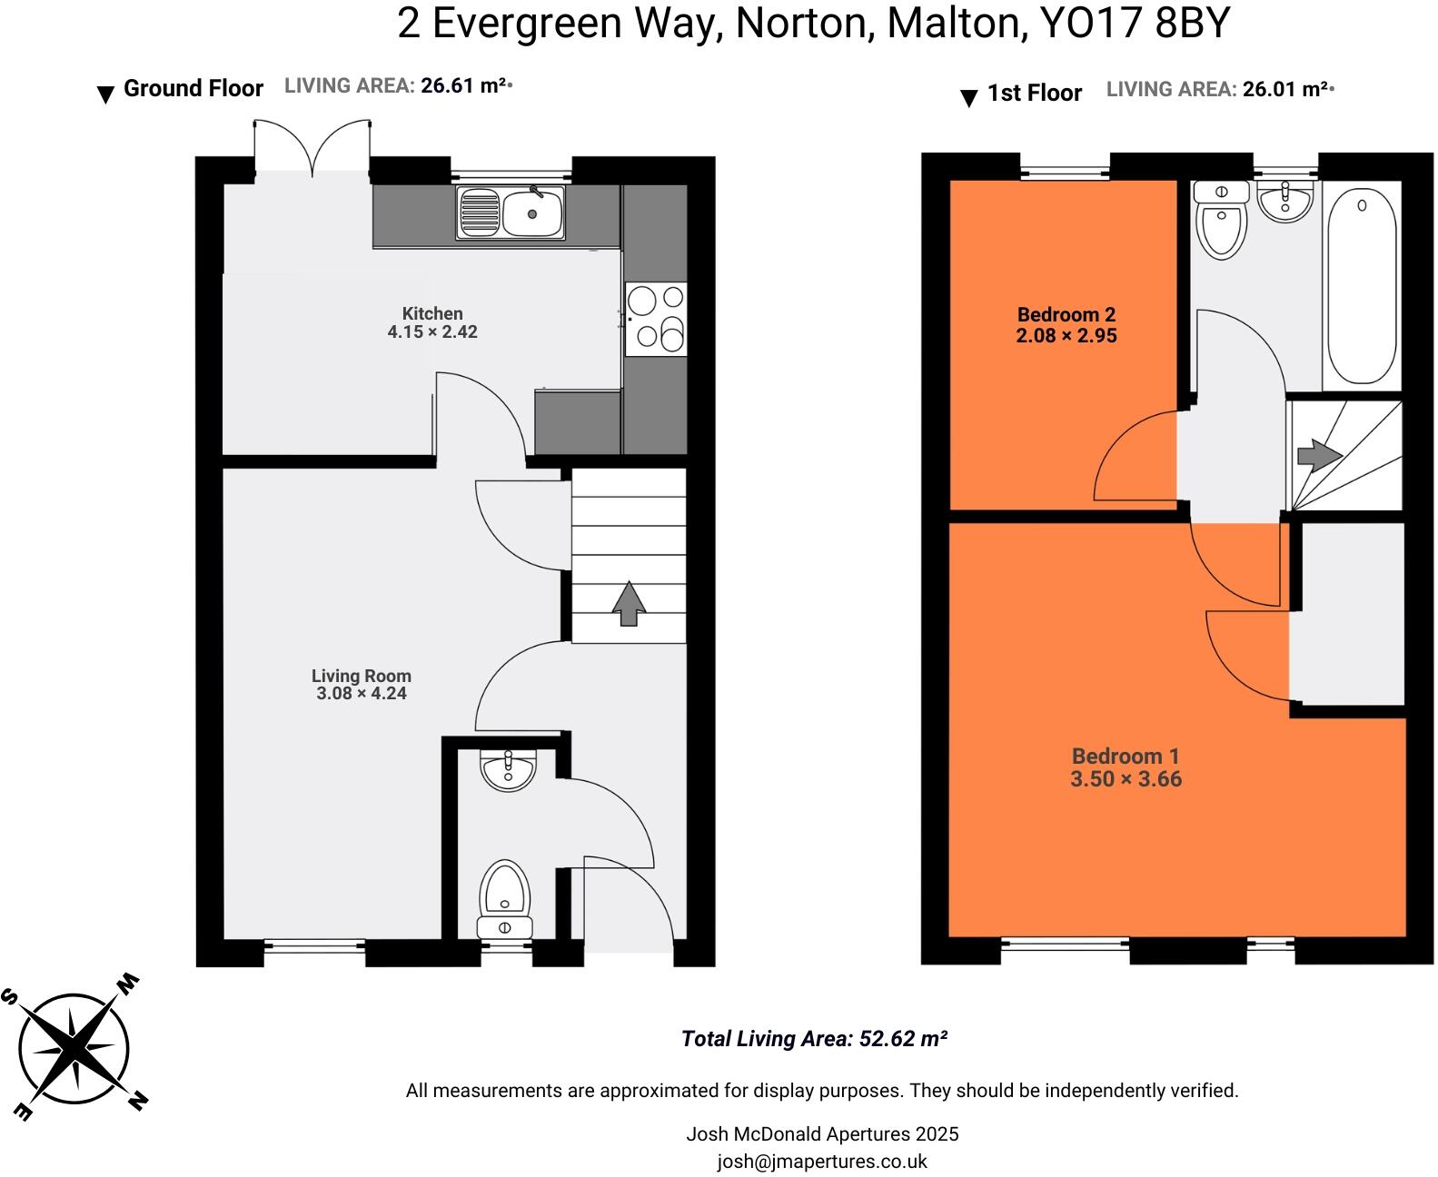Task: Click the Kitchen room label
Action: coord(432,314)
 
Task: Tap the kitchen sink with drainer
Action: coord(511,213)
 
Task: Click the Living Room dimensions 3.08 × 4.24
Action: coord(361,694)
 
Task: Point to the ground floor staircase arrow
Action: coord(628,604)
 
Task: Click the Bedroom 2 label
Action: coord(1066,315)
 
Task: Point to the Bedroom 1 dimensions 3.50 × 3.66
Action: coord(1126,779)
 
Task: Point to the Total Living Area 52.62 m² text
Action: coord(814,1039)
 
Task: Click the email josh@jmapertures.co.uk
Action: coord(821,1161)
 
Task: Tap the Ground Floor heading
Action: coord(193,89)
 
